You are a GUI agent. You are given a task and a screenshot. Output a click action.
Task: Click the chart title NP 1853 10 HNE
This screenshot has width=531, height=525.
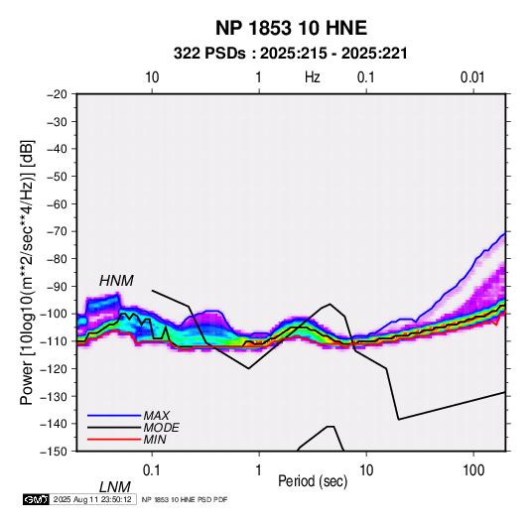click(291, 28)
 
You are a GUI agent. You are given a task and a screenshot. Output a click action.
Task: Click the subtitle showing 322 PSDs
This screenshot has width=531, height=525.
click(291, 54)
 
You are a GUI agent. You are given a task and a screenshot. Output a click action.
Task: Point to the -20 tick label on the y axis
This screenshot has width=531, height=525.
click(57, 94)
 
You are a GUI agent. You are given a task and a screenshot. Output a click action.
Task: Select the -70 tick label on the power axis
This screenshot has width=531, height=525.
click(57, 231)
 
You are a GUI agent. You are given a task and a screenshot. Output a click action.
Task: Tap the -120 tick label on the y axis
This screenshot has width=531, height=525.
click(55, 368)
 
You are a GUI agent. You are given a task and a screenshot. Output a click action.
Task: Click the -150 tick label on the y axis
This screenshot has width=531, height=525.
click(55, 452)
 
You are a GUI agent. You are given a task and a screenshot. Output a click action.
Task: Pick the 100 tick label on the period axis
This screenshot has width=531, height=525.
click(473, 470)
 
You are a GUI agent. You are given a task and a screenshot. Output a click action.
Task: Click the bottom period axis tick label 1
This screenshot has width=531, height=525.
click(259, 470)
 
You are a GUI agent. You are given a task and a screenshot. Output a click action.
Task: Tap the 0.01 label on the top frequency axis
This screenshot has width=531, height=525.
click(472, 77)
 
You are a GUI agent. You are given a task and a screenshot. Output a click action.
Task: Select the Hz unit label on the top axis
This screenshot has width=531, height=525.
click(313, 77)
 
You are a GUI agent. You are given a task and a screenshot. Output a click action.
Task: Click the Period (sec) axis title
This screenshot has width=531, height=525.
click(313, 481)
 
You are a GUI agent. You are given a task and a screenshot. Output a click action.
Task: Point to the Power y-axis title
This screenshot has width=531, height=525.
click(27, 272)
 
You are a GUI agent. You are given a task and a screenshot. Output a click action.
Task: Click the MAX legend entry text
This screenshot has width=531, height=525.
click(156, 415)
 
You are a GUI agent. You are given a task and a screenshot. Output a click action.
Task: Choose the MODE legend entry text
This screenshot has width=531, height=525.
click(161, 428)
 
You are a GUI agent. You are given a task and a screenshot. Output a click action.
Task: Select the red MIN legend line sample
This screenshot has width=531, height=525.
click(114, 440)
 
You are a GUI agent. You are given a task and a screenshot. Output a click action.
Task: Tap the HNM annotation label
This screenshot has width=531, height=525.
click(116, 281)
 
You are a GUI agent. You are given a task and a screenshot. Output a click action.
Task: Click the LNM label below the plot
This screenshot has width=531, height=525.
click(114, 487)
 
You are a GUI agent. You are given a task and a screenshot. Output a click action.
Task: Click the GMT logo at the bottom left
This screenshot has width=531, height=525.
click(37, 499)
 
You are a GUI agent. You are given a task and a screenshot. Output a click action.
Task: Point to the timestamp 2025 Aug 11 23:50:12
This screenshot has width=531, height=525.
click(92, 499)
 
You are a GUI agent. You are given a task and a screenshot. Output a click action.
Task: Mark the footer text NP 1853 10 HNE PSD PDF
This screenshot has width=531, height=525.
click(185, 499)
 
